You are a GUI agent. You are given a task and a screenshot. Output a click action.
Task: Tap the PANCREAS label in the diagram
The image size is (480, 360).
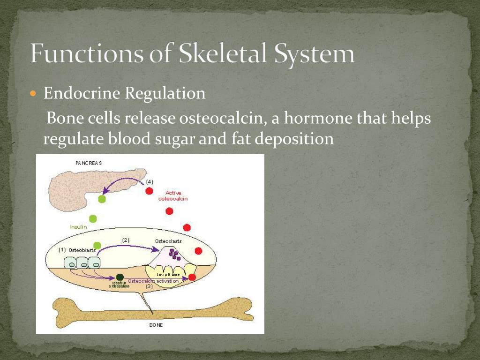tap(89, 163)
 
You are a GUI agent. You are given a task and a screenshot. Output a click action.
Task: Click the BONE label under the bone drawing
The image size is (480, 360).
tap(156, 325)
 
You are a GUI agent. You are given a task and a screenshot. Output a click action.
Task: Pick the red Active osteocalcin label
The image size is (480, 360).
tap(173, 195)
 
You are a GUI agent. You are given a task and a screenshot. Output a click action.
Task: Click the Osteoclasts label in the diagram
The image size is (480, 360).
tap(168, 241)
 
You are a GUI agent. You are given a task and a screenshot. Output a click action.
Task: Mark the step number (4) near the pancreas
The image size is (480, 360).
tap(150, 181)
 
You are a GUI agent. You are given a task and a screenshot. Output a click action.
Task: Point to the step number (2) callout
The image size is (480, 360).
tap(126, 240)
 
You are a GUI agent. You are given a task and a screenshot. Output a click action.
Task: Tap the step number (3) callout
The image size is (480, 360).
tap(149, 286)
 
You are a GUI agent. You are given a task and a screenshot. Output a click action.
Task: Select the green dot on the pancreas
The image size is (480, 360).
tap(102, 199)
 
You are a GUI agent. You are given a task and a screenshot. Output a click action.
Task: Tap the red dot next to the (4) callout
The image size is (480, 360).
tap(149, 191)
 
